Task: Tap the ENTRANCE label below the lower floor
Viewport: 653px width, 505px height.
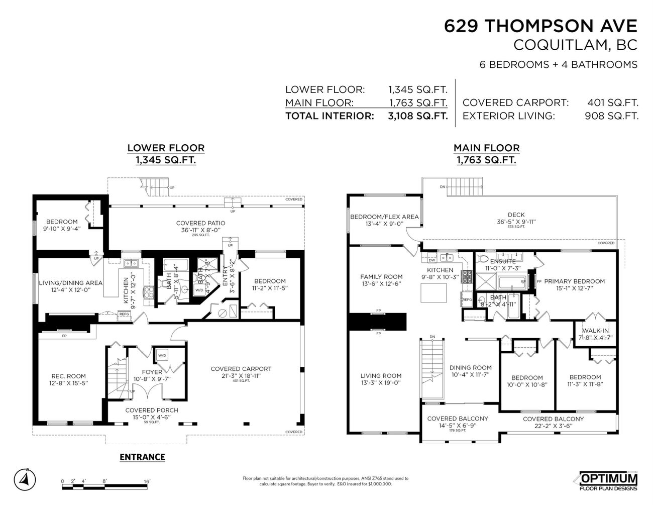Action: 142,457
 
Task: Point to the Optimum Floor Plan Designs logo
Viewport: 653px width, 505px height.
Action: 608,481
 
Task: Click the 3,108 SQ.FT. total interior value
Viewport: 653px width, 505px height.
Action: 417,116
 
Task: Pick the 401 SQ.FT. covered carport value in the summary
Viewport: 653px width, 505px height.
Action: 612,103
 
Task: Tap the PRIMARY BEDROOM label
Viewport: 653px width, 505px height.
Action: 574,281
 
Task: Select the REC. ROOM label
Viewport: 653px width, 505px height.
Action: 69,376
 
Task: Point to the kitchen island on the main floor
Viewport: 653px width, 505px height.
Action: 434,293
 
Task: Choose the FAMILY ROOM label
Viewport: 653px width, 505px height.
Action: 382,276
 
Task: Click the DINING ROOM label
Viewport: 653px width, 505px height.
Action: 470,367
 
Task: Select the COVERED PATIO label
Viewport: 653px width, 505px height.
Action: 200,223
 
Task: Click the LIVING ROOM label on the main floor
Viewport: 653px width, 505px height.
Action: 381,375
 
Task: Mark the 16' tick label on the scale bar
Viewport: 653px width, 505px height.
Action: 147,481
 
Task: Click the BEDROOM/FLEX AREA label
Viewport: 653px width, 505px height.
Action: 384,217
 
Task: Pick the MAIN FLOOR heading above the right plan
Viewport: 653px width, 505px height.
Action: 486,148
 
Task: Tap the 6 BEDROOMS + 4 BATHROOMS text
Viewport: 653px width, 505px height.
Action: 557,64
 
